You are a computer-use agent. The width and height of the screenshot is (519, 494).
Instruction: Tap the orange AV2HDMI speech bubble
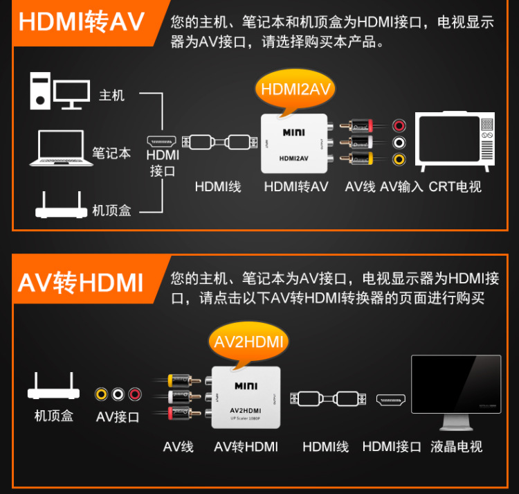(x=248, y=341)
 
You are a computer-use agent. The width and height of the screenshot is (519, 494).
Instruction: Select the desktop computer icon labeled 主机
(x=60, y=91)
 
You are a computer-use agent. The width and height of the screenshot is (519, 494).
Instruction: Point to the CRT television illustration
(x=455, y=141)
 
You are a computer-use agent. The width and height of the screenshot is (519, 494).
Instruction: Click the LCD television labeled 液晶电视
(x=455, y=392)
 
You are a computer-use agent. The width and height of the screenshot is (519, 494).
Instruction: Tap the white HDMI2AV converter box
(x=294, y=144)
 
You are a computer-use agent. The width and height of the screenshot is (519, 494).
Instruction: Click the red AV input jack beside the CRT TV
(x=399, y=126)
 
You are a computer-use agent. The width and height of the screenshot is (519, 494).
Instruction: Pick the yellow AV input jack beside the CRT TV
(x=399, y=159)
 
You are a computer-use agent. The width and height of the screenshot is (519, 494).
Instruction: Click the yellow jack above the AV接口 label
(x=102, y=394)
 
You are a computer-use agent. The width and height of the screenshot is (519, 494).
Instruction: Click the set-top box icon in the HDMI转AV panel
(x=59, y=205)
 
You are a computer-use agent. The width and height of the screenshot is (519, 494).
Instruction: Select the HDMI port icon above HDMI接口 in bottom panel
(x=392, y=399)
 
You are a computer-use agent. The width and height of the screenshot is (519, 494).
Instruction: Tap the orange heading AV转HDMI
(x=81, y=283)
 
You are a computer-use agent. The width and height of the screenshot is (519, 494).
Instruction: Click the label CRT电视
(x=455, y=186)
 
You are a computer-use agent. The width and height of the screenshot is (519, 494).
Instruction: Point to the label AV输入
(x=401, y=186)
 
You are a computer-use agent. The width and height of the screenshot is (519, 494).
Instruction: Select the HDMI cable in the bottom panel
(x=326, y=399)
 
